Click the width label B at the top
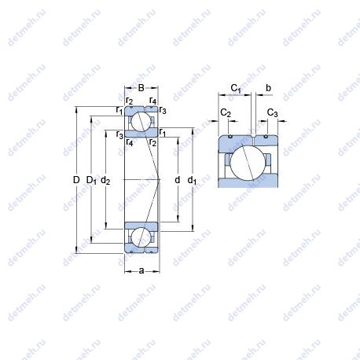(x=141, y=88)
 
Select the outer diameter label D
(x=76, y=180)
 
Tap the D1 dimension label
(x=91, y=181)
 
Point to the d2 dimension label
(x=105, y=181)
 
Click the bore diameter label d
(x=178, y=180)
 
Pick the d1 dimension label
(x=192, y=181)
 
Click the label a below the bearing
(x=141, y=270)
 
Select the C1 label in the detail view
(x=236, y=89)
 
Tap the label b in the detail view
(x=268, y=88)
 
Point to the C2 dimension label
(x=226, y=113)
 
